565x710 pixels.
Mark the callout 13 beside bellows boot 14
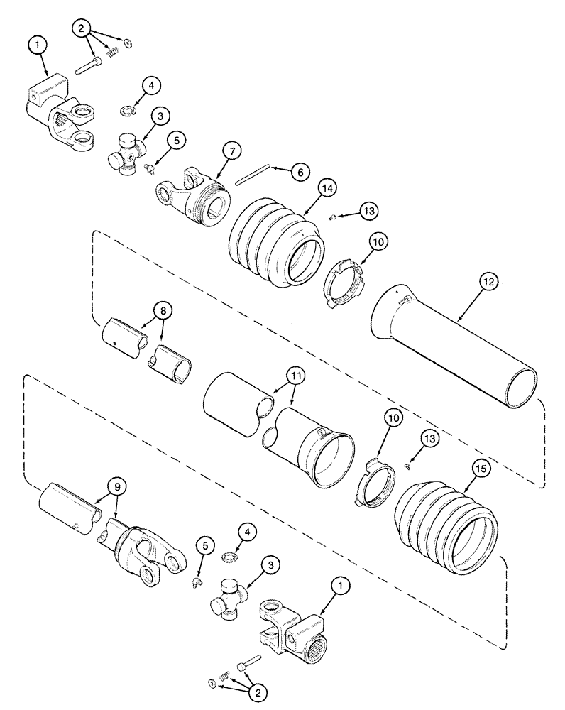(x=368, y=211)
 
